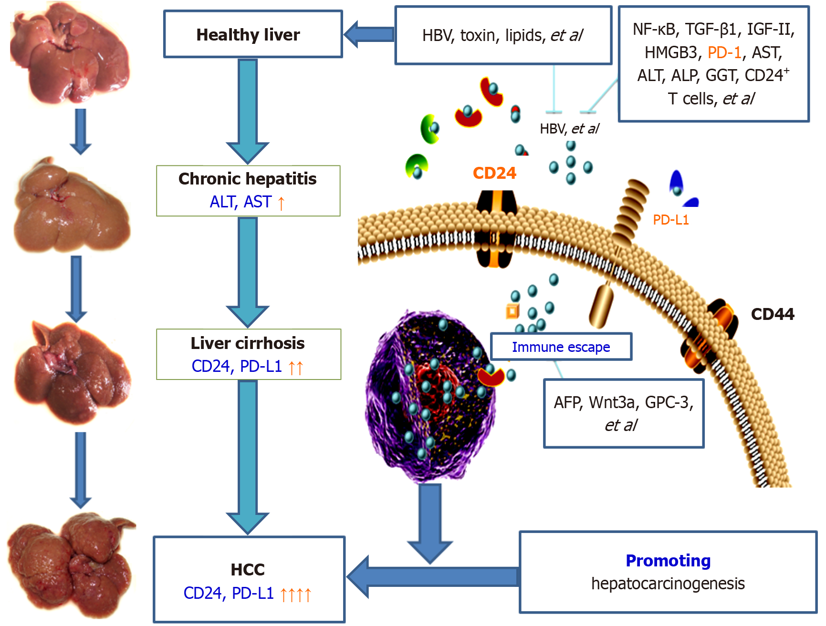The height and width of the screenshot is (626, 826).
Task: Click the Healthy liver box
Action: pyautogui.click(x=253, y=34)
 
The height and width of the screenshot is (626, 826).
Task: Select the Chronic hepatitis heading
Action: pyautogui.click(x=247, y=179)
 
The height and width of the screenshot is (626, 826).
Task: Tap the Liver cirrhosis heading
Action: pyautogui.click(x=247, y=343)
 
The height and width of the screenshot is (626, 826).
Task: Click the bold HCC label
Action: pyautogui.click(x=247, y=570)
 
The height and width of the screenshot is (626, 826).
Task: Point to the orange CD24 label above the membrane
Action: pyautogui.click(x=494, y=173)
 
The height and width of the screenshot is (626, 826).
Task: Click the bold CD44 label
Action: pyautogui.click(x=772, y=314)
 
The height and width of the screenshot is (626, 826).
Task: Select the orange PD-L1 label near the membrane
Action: pyautogui.click(x=670, y=220)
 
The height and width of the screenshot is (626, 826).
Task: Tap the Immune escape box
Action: pyautogui.click(x=561, y=347)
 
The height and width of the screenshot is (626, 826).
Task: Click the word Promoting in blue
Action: pyautogui.click(x=668, y=561)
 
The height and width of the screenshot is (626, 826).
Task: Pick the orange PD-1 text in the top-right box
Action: pyautogui.click(x=724, y=52)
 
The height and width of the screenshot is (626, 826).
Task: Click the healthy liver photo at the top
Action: pyautogui.click(x=69, y=52)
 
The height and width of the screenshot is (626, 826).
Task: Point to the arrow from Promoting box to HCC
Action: pyautogui.click(x=429, y=577)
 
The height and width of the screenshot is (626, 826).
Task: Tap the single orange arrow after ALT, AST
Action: pyautogui.click(x=281, y=203)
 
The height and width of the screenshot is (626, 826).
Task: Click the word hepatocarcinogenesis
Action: pyautogui.click(x=668, y=584)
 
